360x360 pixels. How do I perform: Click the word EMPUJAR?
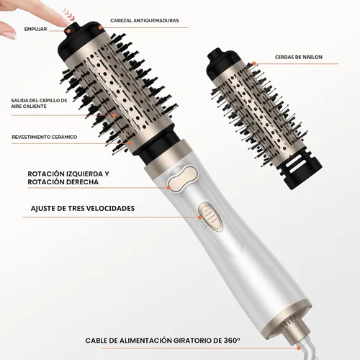[x=35, y=30]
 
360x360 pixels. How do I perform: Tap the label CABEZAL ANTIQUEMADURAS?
[x=145, y=21]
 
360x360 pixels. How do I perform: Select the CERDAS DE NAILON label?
[x=299, y=57]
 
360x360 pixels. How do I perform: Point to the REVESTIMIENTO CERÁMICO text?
[x=45, y=137]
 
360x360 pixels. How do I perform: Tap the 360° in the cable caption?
[x=232, y=341]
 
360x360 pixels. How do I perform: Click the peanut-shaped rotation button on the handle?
[x=184, y=179]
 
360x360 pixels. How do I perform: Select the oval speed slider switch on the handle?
[x=211, y=217]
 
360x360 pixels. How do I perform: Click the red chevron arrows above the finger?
[x=68, y=14]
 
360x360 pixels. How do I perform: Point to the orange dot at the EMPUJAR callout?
[x=68, y=31]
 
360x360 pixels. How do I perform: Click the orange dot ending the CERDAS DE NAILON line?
[x=254, y=64]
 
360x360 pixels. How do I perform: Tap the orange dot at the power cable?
[x=299, y=348]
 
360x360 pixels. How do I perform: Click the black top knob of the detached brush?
[x=215, y=54]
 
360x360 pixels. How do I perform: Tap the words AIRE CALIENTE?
[x=29, y=107]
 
